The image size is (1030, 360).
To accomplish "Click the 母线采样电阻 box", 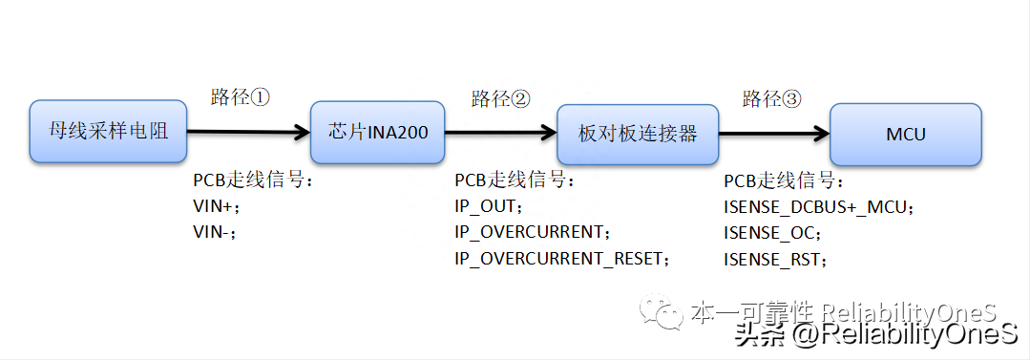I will [107, 131].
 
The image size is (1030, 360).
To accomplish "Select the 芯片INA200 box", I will [378, 132].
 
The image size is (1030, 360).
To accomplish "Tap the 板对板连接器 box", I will [638, 134].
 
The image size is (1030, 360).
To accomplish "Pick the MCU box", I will [905, 135].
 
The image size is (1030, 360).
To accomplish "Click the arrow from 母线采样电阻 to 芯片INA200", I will [249, 131].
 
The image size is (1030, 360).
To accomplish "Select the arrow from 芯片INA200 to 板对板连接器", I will [500, 133].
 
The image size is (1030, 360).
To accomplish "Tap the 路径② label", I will [501, 99].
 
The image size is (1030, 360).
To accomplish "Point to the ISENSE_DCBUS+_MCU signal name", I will [820, 205].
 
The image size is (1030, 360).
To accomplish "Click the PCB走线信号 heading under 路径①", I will [253, 180].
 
